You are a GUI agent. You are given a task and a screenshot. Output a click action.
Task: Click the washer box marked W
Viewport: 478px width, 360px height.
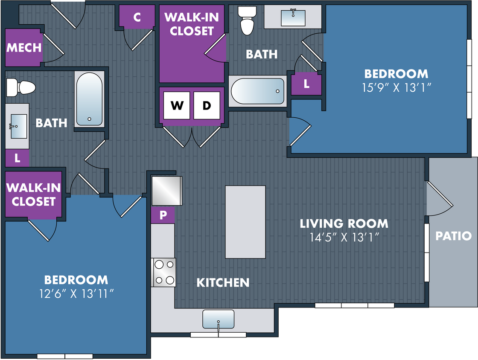(177, 105)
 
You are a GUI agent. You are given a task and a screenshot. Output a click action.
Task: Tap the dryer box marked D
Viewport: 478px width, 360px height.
(207, 105)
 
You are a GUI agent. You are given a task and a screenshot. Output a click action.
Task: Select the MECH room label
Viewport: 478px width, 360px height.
(24, 47)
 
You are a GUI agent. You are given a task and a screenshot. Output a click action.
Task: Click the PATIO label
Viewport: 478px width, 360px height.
(453, 236)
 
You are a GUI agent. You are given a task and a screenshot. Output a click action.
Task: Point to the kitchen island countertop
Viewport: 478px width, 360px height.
(245, 222)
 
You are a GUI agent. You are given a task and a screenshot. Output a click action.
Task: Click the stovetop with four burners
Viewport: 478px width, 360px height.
(164, 272)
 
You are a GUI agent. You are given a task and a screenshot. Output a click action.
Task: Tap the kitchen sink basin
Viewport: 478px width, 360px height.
(218, 319)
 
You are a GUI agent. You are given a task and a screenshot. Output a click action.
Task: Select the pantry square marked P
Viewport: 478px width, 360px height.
(163, 215)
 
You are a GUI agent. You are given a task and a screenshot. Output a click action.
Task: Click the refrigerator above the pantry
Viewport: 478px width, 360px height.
(167, 191)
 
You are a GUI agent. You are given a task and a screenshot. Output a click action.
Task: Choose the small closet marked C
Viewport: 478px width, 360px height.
(137, 17)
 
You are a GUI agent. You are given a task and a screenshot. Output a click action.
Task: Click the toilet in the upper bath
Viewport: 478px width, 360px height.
(247, 20)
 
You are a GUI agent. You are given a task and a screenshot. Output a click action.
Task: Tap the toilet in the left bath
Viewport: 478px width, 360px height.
(21, 87)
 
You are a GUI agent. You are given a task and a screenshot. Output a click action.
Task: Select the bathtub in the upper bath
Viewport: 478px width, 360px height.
(258, 91)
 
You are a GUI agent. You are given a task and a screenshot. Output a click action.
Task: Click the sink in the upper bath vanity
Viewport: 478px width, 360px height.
(293, 17)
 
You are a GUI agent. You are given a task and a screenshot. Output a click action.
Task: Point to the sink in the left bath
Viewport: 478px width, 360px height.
(17, 126)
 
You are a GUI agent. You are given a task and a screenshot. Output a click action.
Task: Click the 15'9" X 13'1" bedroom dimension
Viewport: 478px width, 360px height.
(396, 88)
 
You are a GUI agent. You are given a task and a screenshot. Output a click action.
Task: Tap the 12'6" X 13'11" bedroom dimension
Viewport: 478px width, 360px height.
(76, 293)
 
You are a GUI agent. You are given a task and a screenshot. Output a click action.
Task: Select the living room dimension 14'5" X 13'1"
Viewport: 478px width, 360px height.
(344, 237)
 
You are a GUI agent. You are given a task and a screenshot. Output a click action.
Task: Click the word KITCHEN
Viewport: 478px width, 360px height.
(223, 283)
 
